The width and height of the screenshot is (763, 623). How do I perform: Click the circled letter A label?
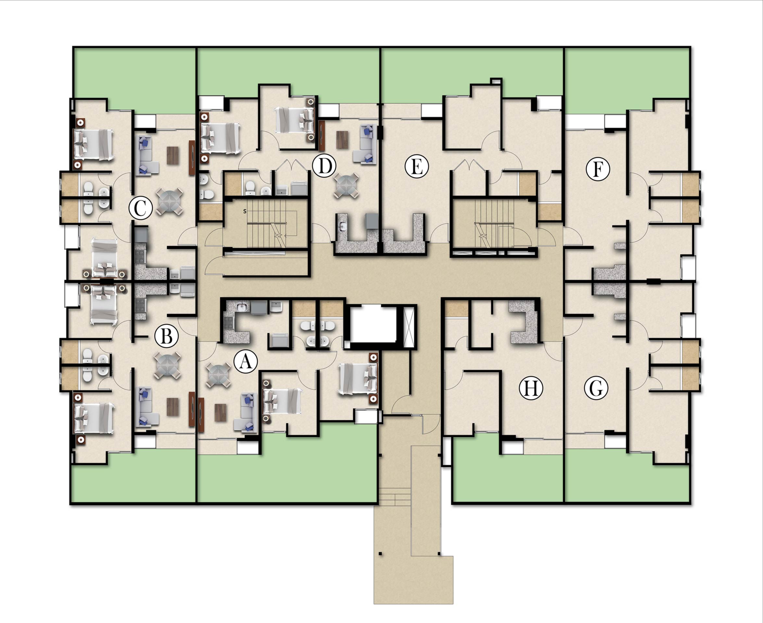246,361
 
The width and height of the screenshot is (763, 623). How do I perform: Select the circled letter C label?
141,208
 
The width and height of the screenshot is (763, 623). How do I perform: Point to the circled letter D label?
324,166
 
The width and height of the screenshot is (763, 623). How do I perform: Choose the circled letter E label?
417,167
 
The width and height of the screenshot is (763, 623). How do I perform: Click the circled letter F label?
598,169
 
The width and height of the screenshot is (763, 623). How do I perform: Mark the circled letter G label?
596,388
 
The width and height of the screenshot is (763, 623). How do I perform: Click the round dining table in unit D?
346,185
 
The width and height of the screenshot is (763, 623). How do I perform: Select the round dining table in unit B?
167,365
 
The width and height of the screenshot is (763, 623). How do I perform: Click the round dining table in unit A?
220,375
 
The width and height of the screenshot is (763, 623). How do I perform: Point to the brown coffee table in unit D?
343,140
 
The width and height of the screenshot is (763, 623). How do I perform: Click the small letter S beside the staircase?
245,211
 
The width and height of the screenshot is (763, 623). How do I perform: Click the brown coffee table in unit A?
220,413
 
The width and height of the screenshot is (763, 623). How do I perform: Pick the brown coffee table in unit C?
172,156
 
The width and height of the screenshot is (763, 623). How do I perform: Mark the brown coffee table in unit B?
172,407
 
